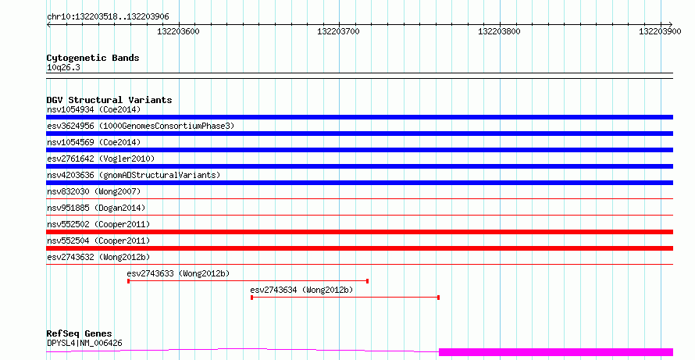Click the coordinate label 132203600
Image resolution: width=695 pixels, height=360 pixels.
point(178,31)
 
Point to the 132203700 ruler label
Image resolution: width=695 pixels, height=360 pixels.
point(339,31)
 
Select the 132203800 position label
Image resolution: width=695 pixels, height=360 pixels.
point(499,31)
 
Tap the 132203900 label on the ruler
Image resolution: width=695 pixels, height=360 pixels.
point(660,31)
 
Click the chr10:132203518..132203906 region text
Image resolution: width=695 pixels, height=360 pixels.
point(108,17)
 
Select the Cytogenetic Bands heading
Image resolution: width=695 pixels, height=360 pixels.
point(93,58)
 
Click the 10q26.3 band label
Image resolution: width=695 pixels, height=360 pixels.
point(63,67)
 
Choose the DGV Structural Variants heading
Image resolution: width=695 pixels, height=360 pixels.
point(109,100)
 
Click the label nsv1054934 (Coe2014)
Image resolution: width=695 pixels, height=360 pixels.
point(94,109)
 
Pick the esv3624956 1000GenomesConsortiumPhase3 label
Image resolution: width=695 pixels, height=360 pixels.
point(141,126)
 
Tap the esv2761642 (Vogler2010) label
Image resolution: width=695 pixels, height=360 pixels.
point(101,159)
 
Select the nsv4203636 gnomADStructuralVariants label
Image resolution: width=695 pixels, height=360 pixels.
point(134,175)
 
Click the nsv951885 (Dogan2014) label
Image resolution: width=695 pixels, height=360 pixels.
point(96,208)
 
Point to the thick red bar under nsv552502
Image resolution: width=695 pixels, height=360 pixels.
point(359,232)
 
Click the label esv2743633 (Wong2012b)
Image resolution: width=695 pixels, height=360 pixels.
point(178,273)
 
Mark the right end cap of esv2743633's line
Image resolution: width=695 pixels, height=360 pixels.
point(368,281)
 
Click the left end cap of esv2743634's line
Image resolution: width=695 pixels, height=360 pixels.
point(251,298)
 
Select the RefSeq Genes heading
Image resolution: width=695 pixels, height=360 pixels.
point(79,333)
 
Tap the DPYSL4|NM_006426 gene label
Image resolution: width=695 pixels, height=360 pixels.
point(84,343)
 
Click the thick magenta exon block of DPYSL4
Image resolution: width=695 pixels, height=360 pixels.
point(556,352)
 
